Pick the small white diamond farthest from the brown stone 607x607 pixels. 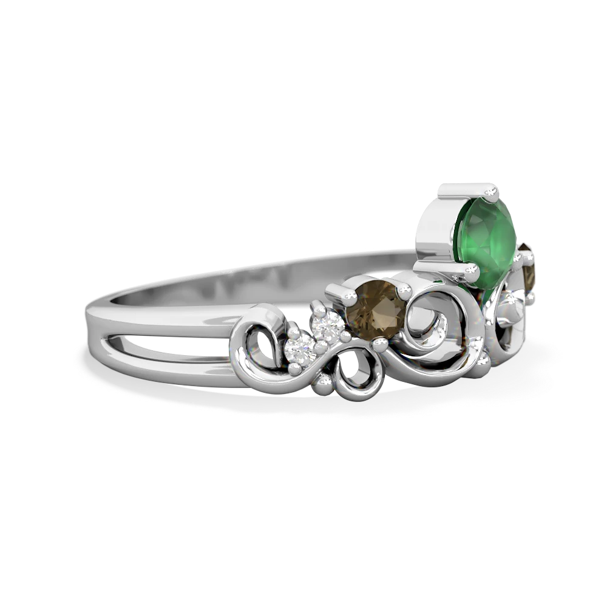302,348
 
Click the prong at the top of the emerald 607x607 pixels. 493,194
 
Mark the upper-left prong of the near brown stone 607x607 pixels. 351,296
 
